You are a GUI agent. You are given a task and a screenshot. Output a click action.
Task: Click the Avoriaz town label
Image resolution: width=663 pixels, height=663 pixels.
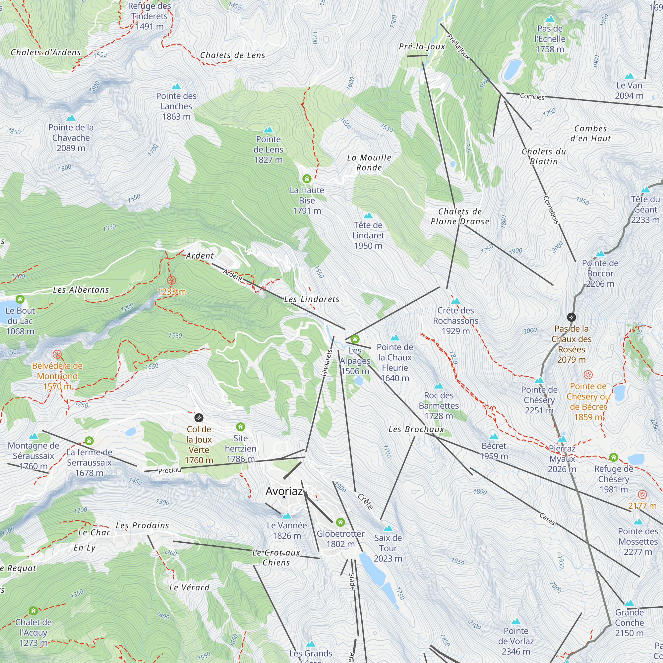click(284, 491)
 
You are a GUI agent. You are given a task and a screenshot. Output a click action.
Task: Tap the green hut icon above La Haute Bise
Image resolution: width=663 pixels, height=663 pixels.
click(307, 179)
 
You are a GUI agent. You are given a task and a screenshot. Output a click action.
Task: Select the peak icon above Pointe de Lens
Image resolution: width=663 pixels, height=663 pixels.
click(269, 130)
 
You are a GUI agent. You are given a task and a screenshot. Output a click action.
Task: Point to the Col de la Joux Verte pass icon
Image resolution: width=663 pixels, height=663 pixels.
click(199, 418)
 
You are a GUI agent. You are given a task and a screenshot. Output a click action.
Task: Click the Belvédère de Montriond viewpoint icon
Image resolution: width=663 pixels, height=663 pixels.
click(57, 354)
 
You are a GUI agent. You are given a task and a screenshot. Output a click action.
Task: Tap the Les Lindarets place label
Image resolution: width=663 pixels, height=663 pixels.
click(312, 299)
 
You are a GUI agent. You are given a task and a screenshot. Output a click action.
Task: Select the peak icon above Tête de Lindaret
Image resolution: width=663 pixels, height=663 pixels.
click(368, 215)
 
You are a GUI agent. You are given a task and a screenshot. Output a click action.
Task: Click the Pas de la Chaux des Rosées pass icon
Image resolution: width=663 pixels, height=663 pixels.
click(572, 317)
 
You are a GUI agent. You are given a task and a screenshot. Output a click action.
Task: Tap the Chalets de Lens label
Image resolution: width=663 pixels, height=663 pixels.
click(233, 55)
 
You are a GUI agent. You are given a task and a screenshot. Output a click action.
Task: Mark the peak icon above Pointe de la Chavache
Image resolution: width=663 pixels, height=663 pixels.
click(71, 118)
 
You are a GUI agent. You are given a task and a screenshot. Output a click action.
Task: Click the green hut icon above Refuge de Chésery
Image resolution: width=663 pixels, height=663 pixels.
click(614, 457)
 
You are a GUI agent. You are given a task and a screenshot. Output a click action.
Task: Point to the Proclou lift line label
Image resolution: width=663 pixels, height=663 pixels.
click(169, 470)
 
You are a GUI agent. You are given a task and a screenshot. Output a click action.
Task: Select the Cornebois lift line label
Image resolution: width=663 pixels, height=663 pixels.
click(551, 210)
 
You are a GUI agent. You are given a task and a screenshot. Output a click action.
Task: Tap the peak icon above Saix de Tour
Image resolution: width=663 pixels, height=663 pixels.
click(388, 528)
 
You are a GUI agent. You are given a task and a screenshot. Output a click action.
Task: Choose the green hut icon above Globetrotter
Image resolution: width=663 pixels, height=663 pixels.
click(340, 522)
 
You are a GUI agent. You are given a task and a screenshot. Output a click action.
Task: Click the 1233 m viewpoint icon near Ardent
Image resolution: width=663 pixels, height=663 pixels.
click(171, 280)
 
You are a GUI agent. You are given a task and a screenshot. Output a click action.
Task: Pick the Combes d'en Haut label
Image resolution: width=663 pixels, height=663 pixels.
click(590, 134)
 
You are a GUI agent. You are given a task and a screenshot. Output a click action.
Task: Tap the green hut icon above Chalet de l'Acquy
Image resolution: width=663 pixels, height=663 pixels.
click(33, 611)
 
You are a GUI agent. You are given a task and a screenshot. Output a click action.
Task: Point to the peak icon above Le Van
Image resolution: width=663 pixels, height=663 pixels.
click(629, 76)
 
